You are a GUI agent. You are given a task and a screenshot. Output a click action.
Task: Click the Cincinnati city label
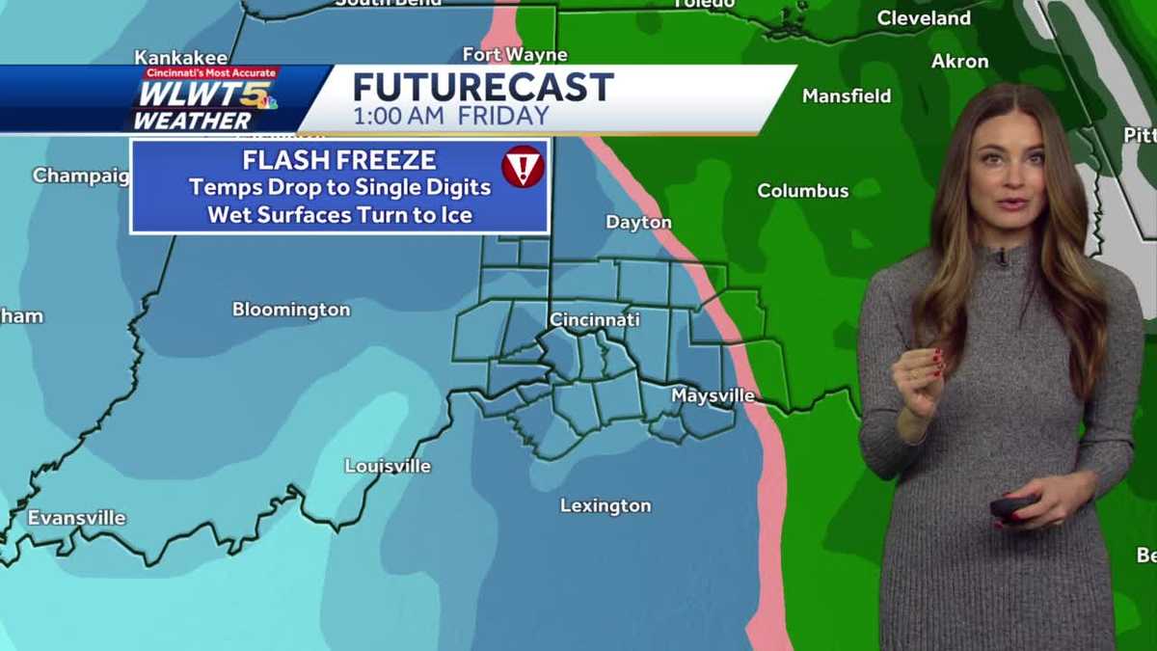click(594, 319)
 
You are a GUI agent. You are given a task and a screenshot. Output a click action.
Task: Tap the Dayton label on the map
click(638, 223)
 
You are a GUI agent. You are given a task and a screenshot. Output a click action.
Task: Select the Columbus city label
click(802, 191)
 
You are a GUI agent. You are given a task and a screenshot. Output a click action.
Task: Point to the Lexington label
click(605, 506)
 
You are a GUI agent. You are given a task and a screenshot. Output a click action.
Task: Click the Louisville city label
click(388, 467)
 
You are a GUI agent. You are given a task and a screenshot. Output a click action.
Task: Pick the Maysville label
click(713, 396)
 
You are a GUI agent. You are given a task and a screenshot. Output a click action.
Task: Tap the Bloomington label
click(291, 311)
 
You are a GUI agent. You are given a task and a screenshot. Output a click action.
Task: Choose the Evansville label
click(76, 519)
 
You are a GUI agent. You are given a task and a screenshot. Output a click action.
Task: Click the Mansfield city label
click(847, 96)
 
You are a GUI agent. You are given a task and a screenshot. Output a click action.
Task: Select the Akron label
click(959, 62)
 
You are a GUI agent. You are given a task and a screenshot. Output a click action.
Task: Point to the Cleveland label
click(924, 18)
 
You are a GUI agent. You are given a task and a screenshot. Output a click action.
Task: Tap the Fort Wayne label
click(515, 55)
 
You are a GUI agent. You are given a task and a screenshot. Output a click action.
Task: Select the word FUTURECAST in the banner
click(483, 88)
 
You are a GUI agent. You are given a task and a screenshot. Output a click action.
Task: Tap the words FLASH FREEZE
click(339, 160)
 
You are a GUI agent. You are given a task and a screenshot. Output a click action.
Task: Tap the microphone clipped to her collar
click(1003, 257)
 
